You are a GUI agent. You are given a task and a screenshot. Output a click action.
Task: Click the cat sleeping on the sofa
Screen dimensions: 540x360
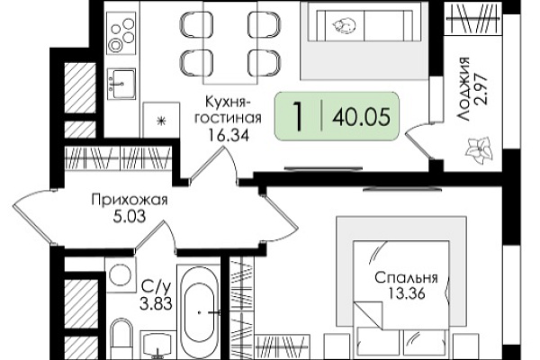tap(344, 26)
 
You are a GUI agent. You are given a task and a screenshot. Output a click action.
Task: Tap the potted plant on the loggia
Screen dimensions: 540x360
tap(479, 150)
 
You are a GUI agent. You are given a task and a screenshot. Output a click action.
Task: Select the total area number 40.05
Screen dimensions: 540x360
tap(361, 116)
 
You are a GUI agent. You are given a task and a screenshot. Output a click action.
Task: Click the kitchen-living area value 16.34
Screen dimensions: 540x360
tap(228, 136)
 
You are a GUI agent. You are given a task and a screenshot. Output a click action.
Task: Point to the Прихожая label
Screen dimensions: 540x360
tap(130, 200)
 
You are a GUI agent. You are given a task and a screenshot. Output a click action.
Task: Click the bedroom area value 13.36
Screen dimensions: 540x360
tap(407, 293)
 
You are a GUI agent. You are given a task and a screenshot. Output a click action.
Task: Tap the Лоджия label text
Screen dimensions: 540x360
tap(463, 89)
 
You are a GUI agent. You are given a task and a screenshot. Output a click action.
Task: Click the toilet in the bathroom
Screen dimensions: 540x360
tap(121, 339)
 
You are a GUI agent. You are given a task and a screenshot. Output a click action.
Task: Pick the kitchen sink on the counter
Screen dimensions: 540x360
tap(121, 84)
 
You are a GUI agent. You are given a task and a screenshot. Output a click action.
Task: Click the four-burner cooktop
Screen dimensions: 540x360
tap(121, 33)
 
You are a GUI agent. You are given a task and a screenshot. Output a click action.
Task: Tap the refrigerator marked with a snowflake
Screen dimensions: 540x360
tap(161, 120)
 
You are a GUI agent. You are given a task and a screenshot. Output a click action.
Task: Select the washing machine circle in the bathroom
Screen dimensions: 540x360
tap(120, 274)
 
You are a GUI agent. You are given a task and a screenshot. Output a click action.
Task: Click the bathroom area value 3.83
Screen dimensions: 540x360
tap(156, 304)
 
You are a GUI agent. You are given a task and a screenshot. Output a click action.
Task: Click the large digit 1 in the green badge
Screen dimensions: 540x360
tap(297, 116)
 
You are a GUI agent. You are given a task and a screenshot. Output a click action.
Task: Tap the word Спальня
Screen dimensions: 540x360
tap(407, 278)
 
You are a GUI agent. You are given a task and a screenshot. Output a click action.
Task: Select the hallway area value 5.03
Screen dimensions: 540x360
tap(129, 216)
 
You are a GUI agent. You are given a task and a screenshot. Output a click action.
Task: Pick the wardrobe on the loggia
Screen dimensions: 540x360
tap(472, 18)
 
